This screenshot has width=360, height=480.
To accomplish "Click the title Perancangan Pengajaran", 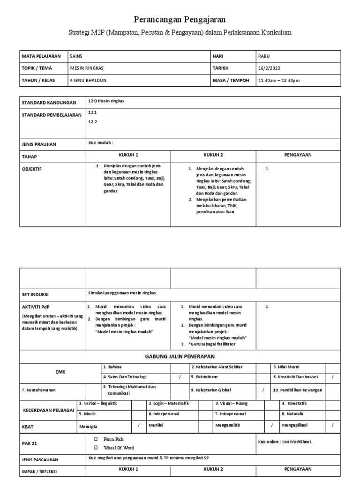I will (180, 19).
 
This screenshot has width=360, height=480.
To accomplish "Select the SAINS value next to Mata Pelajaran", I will (76, 56).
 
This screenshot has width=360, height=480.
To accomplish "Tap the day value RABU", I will (264, 56).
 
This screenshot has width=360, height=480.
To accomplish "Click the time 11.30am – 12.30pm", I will (278, 80).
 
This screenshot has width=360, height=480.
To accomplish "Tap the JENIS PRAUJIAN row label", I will (39, 144).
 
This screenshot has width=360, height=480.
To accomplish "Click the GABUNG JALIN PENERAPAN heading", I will (180, 356).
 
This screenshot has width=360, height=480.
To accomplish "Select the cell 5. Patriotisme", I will (204, 376).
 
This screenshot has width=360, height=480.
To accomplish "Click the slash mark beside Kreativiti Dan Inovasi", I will (332, 376).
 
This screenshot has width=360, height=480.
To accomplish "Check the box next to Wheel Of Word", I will (96, 448).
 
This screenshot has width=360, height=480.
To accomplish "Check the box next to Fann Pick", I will (96, 439).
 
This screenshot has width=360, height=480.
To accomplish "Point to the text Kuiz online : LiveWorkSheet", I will (285, 442).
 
